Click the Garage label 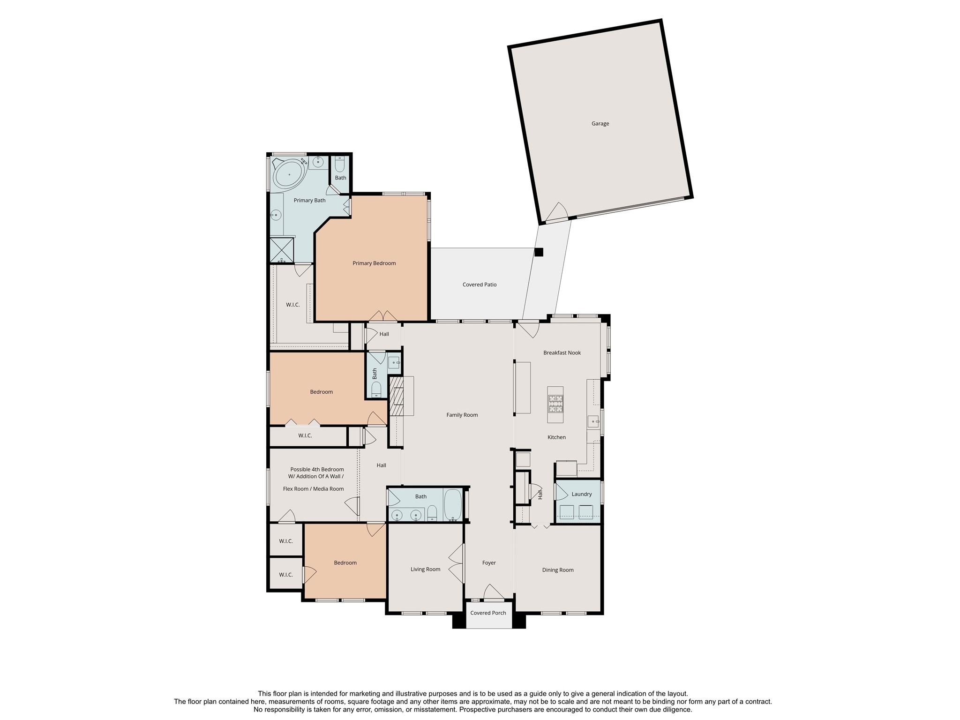pos(600,124)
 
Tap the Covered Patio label pos(480,285)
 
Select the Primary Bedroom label pos(374,263)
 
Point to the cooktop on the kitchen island pos(556,404)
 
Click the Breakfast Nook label pos(562,353)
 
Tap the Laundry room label pos(582,494)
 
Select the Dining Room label pos(558,570)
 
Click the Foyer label pos(489,563)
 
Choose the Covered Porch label pos(488,613)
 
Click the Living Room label pos(425,570)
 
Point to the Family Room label pos(462,415)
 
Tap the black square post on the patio pos(539,252)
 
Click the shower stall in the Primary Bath pos(281,250)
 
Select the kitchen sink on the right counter pos(593,421)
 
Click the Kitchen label pos(556,437)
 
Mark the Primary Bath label pos(309,201)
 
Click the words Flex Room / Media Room pos(313,489)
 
